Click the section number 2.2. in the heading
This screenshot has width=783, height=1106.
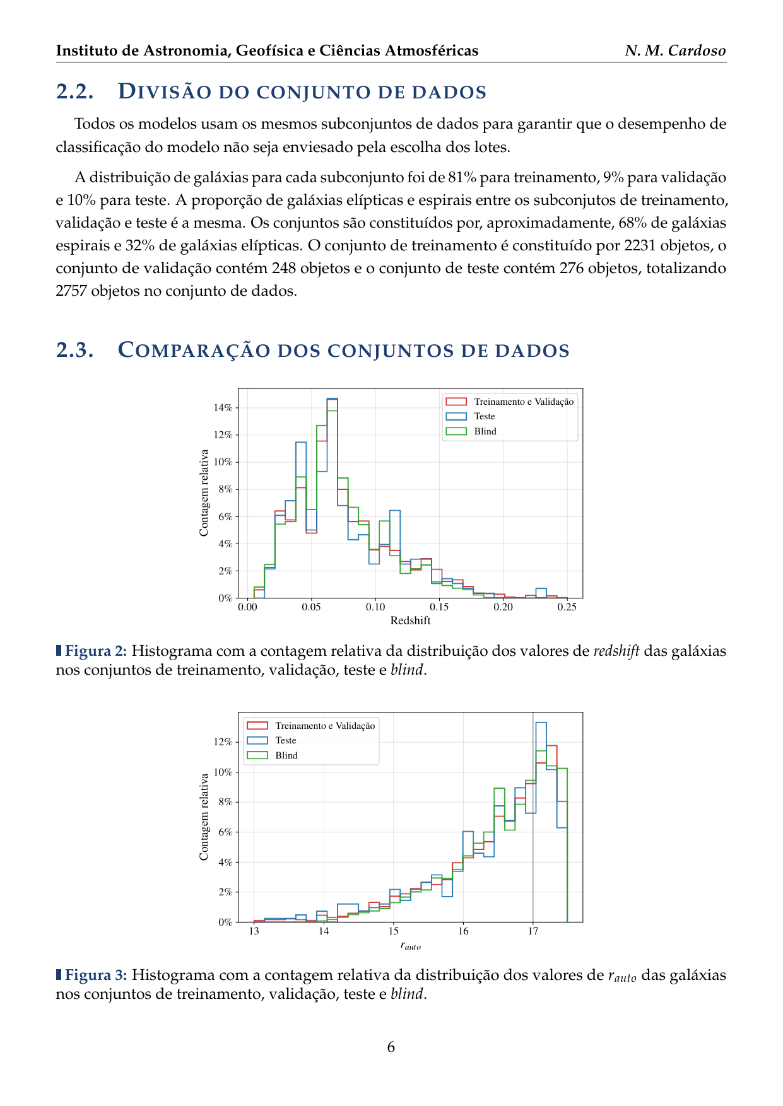74,92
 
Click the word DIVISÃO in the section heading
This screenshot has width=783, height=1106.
163,92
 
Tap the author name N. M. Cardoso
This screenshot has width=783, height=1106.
675,50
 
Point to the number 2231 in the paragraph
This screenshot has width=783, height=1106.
640,245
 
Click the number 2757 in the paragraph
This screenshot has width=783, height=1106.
71,291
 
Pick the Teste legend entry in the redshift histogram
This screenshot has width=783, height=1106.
485,416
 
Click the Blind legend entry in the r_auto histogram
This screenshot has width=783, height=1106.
286,755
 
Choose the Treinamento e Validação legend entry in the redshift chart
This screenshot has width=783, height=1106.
524,402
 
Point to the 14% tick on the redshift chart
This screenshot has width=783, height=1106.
223,408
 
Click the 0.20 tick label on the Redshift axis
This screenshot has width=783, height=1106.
503,607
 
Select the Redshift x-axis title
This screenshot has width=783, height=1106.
410,620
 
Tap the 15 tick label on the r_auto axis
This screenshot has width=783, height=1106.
393,931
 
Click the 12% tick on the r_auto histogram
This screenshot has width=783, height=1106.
223,742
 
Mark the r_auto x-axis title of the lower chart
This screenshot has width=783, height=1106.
410,946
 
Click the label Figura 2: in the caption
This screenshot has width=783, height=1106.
96,651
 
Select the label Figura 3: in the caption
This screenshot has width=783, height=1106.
96,975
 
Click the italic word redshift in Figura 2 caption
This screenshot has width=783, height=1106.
616,651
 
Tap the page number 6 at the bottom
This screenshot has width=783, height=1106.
391,1047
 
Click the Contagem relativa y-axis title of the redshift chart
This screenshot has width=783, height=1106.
204,493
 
